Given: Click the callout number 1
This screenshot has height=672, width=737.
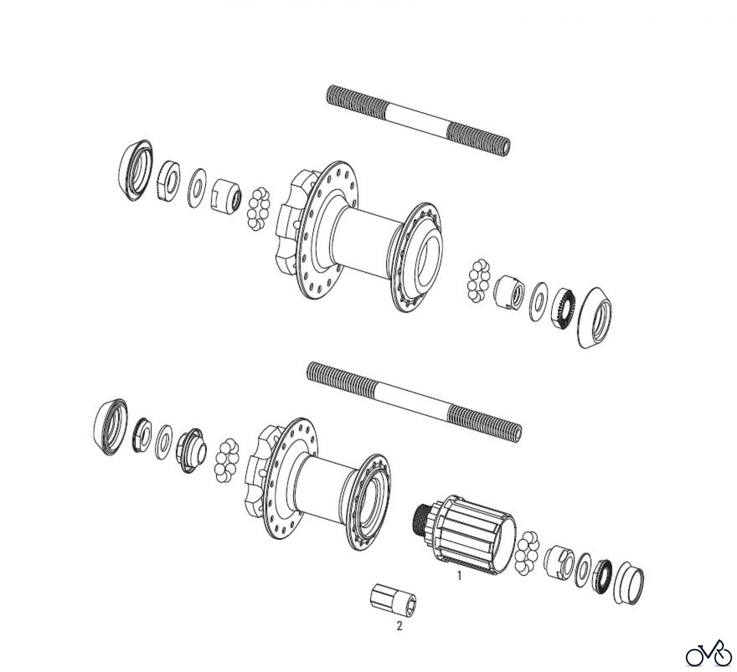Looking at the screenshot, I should pyautogui.click(x=459, y=576).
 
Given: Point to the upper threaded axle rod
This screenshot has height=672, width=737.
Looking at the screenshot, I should pyautogui.click(x=418, y=119).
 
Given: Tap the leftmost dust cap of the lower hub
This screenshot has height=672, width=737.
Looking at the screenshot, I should pyautogui.click(x=110, y=427).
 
